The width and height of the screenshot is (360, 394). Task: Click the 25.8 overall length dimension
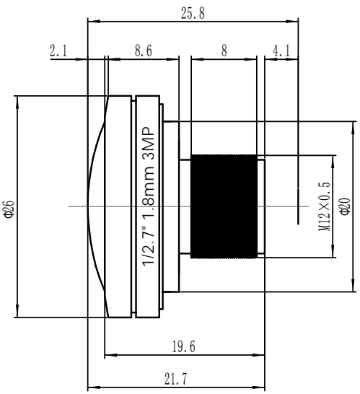pyautogui.click(x=193, y=13)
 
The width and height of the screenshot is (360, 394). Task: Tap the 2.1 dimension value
pyautogui.click(x=58, y=51)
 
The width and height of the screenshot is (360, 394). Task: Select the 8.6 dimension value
pyautogui.click(x=144, y=51)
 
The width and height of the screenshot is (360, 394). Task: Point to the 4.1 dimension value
pyautogui.click(x=281, y=51)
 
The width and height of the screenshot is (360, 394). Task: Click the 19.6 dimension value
pyautogui.click(x=184, y=347)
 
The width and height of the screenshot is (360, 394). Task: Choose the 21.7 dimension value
pyautogui.click(x=176, y=379)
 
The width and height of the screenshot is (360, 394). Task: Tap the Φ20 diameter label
pyautogui.click(x=346, y=206)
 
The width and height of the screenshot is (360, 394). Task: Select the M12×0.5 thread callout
pyautogui.click(x=325, y=206)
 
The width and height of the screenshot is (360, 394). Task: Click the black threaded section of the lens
pyautogui.click(x=224, y=206)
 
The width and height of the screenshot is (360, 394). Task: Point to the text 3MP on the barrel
pyautogui.click(x=148, y=144)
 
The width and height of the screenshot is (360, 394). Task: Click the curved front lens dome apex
pyautogui.click(x=88, y=206)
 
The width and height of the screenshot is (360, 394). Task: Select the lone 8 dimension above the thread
pyautogui.click(x=224, y=51)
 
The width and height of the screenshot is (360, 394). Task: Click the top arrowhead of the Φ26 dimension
pyautogui.click(x=17, y=102)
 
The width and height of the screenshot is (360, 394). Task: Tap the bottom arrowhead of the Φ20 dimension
pyautogui.click(x=353, y=286)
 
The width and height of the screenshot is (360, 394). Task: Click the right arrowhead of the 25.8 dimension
pyautogui.click(x=293, y=22)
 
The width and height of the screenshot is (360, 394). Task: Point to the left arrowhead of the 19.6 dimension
pyautogui.click(x=110, y=355)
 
